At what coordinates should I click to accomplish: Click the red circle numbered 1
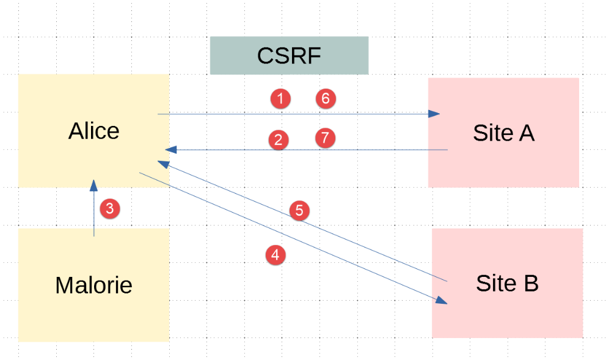tap(280, 98)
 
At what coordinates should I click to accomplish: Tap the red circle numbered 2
tap(279, 140)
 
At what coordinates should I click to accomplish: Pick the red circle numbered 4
tap(275, 255)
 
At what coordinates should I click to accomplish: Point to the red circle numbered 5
tap(299, 211)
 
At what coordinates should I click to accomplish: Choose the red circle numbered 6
tap(326, 98)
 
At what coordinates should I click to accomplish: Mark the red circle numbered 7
tap(326, 138)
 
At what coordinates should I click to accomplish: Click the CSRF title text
tap(289, 56)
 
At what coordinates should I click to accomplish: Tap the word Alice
tap(94, 131)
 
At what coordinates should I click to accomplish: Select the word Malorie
tap(93, 285)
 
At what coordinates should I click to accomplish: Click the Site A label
tap(503, 133)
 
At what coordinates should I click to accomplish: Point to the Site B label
tap(507, 284)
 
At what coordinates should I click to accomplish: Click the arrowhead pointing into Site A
tap(434, 114)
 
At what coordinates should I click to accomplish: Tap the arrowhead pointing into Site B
tap(441, 300)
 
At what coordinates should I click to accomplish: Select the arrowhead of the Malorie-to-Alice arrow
tap(93, 184)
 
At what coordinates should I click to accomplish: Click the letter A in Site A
tap(527, 133)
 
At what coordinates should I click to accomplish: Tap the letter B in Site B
tap(531, 284)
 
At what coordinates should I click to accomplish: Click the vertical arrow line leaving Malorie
tap(93, 214)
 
